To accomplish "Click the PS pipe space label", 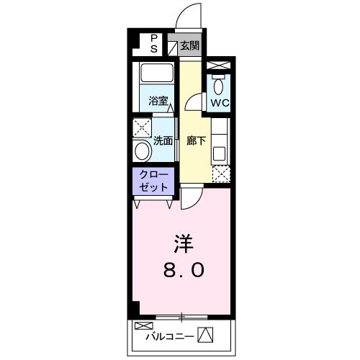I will click(153, 43).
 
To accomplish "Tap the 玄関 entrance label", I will click(189, 46).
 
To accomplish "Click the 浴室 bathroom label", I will click(158, 101).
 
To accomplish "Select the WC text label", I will click(219, 102).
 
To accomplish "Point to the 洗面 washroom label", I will click(163, 140).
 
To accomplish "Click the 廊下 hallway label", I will click(197, 140).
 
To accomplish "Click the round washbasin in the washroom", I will click(143, 152).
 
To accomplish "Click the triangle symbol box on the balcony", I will click(206, 335).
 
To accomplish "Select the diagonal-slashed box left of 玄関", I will click(173, 47).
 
